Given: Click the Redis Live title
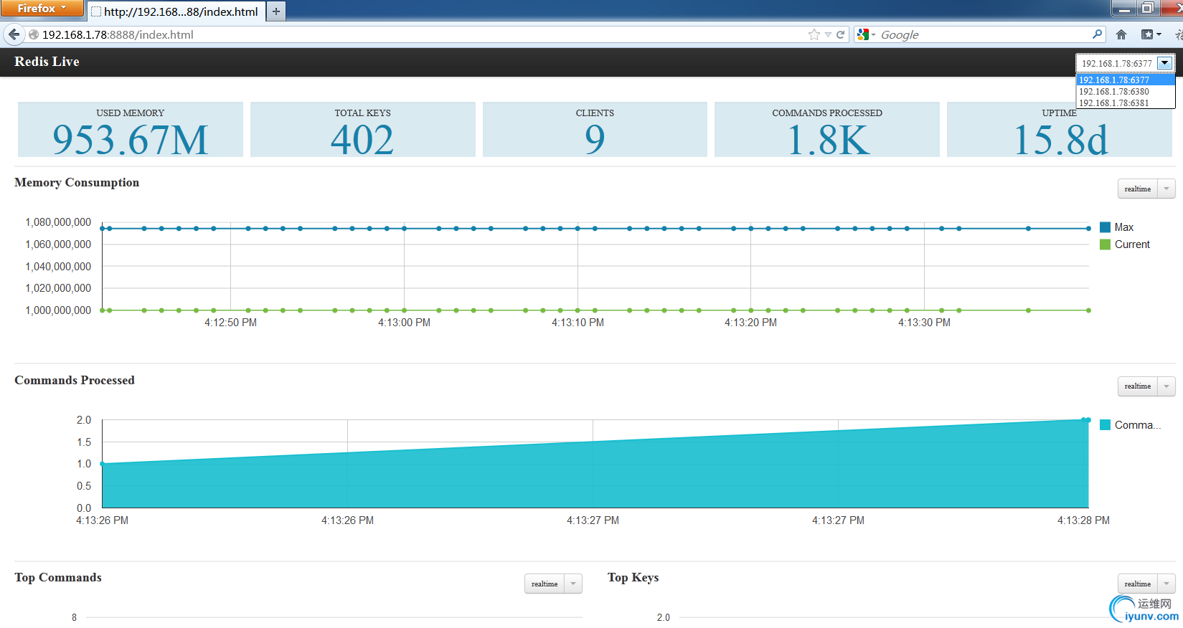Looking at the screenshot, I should (47, 62).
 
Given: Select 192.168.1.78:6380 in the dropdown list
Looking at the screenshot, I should (1114, 92).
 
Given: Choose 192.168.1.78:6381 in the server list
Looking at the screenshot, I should (1114, 103).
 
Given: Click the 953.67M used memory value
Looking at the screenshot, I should (130, 140).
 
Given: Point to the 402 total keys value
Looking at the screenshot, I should (362, 140).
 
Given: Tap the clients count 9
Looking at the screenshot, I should (595, 139).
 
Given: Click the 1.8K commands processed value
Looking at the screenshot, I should (827, 140).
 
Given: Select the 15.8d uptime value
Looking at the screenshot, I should (1060, 140).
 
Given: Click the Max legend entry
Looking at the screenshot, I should (1123, 227).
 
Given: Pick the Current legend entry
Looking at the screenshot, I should (1131, 244).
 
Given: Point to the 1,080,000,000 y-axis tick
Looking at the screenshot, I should (58, 222).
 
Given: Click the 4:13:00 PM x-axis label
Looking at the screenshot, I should (404, 323).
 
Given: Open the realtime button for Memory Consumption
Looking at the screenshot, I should (1138, 189).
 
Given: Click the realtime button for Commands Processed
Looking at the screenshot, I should (1138, 386).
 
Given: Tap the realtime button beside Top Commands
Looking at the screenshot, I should (545, 584).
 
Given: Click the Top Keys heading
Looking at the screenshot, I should (633, 578).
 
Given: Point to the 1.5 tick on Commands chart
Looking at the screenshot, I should (84, 442).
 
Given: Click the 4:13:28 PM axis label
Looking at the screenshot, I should (1083, 520).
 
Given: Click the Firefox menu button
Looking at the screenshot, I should (42, 9).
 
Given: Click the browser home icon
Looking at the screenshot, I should (1121, 34).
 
